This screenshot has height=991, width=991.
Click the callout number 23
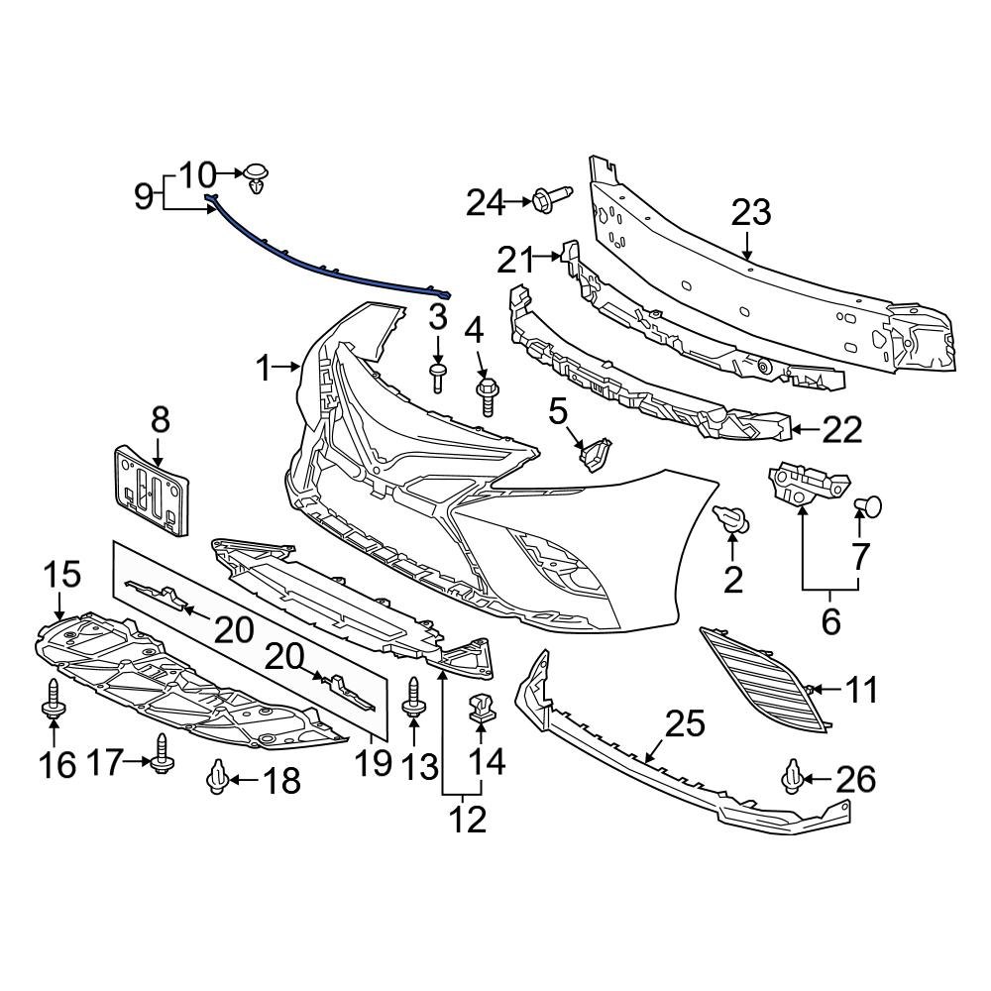[x=750, y=212]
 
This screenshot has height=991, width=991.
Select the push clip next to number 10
[x=258, y=176]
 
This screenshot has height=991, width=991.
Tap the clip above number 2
[x=731, y=517]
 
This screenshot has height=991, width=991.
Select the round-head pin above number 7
[x=867, y=506]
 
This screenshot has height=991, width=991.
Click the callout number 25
[x=684, y=724]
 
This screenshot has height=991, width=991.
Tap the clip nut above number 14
[x=481, y=708]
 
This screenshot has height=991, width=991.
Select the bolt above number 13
[x=413, y=699]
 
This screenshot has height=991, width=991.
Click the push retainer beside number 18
[x=217, y=779]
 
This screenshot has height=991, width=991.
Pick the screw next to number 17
[x=160, y=753]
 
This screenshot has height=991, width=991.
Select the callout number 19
[x=375, y=764]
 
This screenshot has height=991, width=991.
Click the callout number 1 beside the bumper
[x=263, y=370]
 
